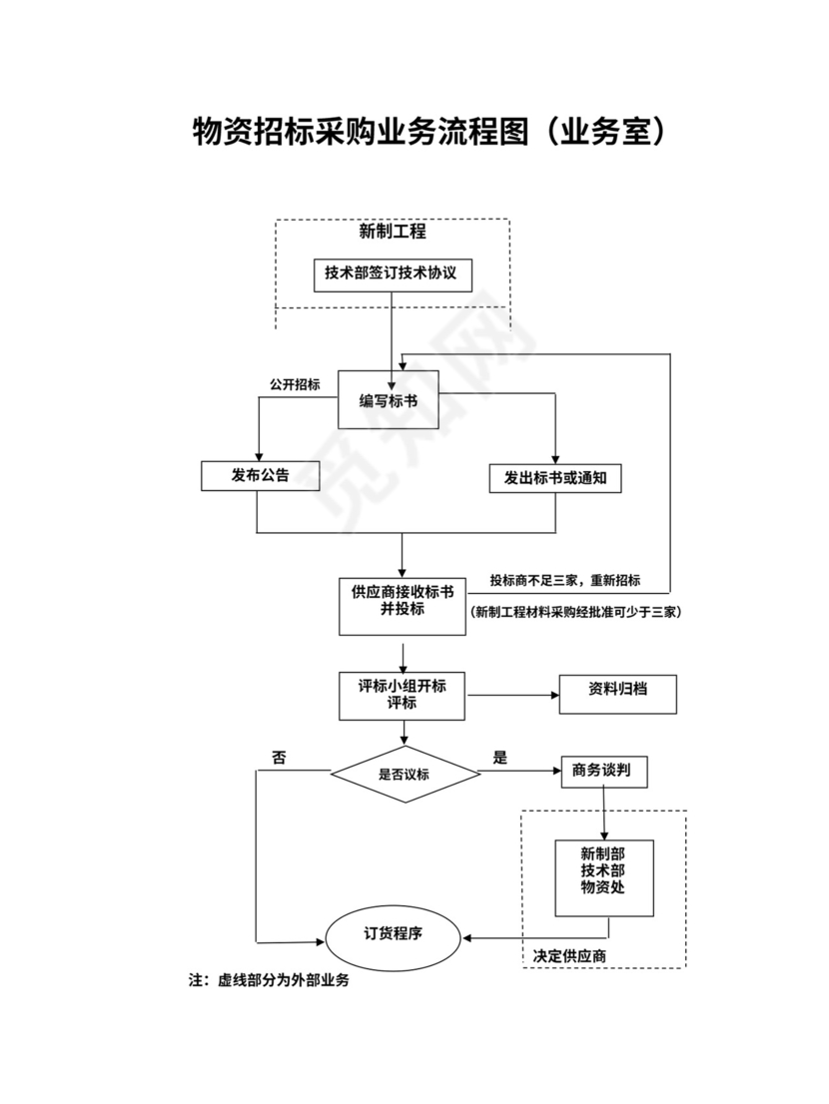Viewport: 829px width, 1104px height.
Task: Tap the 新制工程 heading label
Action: (393, 232)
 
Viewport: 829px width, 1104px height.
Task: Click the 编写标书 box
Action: (389, 399)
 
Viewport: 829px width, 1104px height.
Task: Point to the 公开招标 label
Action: (295, 384)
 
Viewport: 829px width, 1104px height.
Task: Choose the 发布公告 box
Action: (260, 476)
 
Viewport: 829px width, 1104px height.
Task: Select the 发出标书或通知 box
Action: (555, 478)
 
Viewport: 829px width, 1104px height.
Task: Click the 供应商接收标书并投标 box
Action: (402, 605)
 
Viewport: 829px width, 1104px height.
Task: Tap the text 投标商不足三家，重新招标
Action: (564, 581)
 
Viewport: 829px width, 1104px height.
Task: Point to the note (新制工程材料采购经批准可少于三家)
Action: (574, 612)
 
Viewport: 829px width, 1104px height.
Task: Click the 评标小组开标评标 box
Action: (402, 695)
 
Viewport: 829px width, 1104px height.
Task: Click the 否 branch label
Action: (279, 759)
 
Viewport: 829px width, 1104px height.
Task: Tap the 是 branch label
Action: (499, 758)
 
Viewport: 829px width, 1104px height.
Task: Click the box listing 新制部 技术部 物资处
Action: (603, 875)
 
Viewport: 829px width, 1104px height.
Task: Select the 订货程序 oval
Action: (393, 936)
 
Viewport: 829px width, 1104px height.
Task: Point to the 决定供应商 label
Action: (569, 955)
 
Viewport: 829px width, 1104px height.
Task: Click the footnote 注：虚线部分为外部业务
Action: (269, 980)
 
